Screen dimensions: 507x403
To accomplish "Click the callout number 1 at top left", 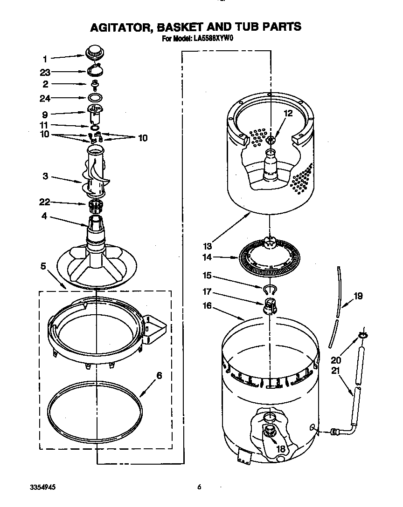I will pyautogui.click(x=45, y=59).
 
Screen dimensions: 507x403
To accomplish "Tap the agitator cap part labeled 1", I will pyautogui.click(x=95, y=51).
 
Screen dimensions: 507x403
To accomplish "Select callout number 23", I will pyautogui.click(x=45, y=72).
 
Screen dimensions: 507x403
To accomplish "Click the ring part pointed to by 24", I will pyautogui.click(x=95, y=98).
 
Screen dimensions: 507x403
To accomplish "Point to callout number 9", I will pyautogui.click(x=45, y=114).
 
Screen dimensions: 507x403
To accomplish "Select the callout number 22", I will pyautogui.click(x=45, y=202).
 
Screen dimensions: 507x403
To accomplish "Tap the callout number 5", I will pyautogui.click(x=43, y=267).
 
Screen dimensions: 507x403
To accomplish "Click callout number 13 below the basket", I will pyautogui.click(x=208, y=246).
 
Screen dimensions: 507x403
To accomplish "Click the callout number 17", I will pyautogui.click(x=207, y=292).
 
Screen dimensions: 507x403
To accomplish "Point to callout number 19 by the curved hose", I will pyautogui.click(x=358, y=296).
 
